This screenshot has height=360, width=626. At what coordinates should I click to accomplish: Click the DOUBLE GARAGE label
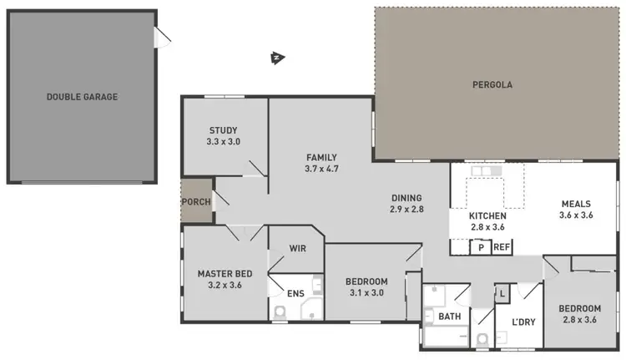(x=82, y=97)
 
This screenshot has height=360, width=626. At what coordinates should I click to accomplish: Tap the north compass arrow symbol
(x=276, y=58)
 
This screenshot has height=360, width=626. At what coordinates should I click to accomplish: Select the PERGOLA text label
(x=492, y=84)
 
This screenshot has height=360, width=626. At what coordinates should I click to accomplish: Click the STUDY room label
(x=223, y=130)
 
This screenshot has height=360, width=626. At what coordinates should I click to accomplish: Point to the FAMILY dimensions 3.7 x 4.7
(x=321, y=169)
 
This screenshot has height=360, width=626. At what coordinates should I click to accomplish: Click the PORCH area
(x=196, y=201)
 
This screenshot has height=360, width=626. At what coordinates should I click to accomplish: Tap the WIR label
(x=297, y=248)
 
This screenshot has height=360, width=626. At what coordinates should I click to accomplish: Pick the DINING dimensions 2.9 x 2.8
(x=407, y=210)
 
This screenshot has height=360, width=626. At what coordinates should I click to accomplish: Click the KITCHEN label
(x=477, y=215)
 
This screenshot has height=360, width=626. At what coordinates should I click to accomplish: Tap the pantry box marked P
(x=481, y=247)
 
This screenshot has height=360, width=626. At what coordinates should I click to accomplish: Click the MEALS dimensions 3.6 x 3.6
(x=575, y=215)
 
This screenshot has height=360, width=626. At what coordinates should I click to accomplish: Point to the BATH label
(x=449, y=317)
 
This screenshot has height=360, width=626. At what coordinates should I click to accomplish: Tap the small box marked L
(x=502, y=293)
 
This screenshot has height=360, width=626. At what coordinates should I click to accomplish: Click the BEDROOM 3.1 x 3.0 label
(x=366, y=286)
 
